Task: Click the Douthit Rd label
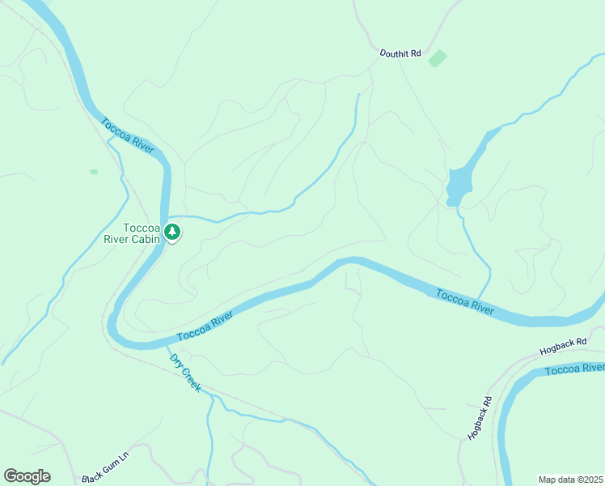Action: click(x=400, y=53)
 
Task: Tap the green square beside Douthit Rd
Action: click(x=438, y=58)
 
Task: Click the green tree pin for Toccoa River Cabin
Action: click(x=172, y=232)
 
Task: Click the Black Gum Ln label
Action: click(x=105, y=467)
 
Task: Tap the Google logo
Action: click(x=27, y=476)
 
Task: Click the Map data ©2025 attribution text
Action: click(x=570, y=479)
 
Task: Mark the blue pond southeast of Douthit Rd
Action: click(x=458, y=187)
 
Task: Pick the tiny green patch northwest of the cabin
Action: click(x=94, y=172)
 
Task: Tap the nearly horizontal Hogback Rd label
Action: click(x=563, y=348)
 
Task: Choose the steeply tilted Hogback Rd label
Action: click(x=480, y=418)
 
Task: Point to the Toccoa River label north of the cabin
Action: click(x=128, y=134)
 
